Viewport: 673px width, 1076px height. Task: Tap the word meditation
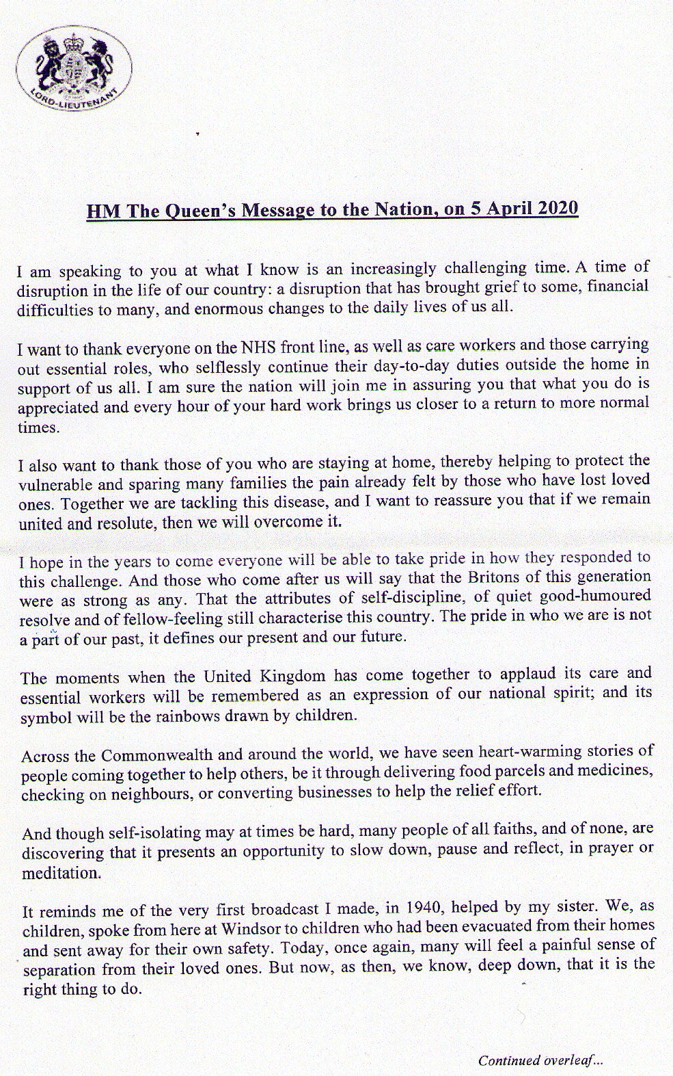pyautogui.click(x=61, y=873)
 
